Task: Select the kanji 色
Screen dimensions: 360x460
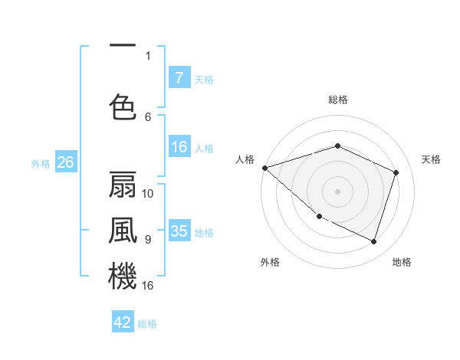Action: coord(123,108)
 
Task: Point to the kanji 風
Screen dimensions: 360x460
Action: coord(123,231)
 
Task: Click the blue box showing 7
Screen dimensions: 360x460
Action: coord(179,78)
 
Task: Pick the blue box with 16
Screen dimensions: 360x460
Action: coord(179,148)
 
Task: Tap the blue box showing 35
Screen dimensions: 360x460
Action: coord(179,231)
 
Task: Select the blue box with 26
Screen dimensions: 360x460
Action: coord(65,162)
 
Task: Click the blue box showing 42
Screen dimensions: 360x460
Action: coord(123,322)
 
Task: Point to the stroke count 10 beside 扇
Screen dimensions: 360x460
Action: coord(148,193)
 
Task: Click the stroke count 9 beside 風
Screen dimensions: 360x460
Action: coord(148,239)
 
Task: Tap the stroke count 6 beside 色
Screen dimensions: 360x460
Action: coord(148,116)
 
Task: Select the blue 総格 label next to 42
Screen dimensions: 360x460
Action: coord(147,324)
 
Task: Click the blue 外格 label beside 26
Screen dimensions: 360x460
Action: coord(41,163)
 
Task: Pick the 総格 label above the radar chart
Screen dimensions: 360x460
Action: coord(337,100)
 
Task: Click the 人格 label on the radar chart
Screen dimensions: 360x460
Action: coord(245,159)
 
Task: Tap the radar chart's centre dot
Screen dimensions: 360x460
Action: coord(337,191)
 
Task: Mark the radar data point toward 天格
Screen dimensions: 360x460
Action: coord(396,172)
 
